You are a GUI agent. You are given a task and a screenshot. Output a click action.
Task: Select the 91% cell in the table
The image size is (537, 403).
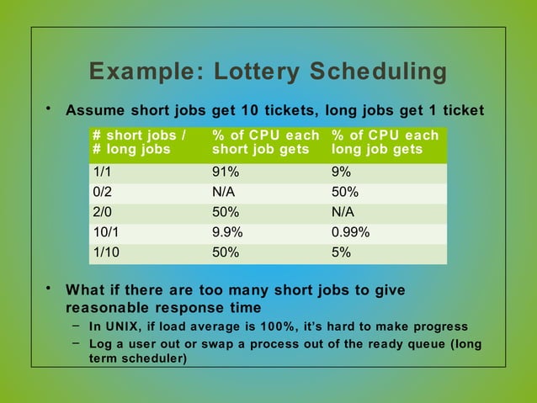tap(226, 171)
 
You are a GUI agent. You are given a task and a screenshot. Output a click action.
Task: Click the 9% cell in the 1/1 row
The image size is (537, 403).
tap(341, 171)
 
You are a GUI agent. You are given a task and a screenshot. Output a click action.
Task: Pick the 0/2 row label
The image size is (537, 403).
tap(102, 191)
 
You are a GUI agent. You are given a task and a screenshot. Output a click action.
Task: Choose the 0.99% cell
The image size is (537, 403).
tap(350, 231)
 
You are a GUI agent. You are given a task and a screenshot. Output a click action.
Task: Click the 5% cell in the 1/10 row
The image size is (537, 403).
tap(341, 252)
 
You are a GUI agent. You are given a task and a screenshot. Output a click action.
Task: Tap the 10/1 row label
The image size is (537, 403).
tap(105, 231)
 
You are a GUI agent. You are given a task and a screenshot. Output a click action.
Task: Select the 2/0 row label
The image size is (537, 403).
tap(102, 211)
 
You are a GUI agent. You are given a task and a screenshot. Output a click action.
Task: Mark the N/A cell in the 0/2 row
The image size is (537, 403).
tap(223, 191)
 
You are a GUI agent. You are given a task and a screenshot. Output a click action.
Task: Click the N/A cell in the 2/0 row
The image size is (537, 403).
tap(343, 211)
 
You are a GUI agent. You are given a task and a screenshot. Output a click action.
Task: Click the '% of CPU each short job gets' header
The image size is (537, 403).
tap(265, 142)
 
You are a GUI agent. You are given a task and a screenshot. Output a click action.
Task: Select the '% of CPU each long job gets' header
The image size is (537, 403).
tap(385, 142)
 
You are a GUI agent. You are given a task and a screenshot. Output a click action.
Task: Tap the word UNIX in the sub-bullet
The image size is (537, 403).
tap(120, 326)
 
